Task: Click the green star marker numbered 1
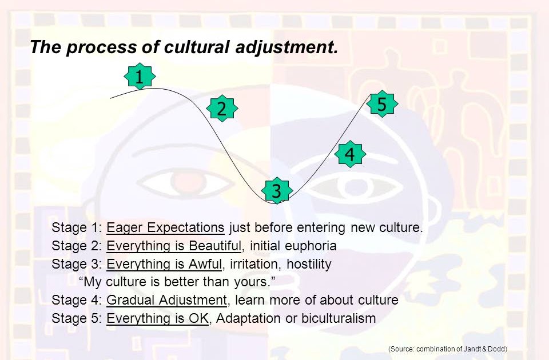(x=140, y=77)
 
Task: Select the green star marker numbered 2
(x=222, y=109)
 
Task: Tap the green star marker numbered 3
(x=276, y=190)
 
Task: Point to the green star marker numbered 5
(x=382, y=104)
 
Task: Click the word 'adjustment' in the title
(x=287, y=47)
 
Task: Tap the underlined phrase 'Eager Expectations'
(x=165, y=227)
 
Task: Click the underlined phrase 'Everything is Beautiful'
(x=174, y=246)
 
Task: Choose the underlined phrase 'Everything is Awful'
(x=163, y=264)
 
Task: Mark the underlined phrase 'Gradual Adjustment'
(x=166, y=300)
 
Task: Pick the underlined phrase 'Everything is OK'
(x=157, y=318)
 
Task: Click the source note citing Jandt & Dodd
(x=448, y=349)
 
